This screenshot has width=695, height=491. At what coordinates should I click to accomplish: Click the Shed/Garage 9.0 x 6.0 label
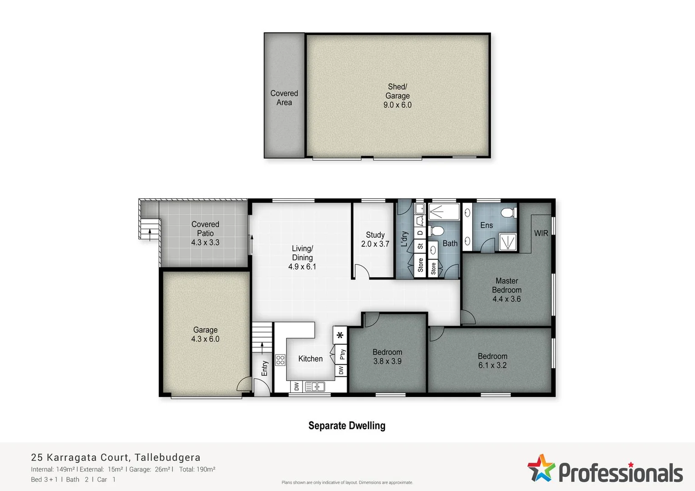(x=397, y=96)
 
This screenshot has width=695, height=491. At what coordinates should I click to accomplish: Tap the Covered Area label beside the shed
(x=284, y=98)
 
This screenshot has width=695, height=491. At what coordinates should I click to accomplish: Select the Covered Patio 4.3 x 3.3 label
(x=205, y=233)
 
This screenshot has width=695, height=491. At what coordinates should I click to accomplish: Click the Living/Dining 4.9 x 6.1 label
(x=302, y=257)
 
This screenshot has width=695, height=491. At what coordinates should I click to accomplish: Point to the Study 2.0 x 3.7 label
(x=375, y=239)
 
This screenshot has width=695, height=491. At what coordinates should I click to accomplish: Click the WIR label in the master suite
(x=541, y=233)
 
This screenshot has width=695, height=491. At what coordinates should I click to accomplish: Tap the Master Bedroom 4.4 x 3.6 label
(x=506, y=290)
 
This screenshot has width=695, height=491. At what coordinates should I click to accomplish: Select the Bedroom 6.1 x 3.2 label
(x=492, y=361)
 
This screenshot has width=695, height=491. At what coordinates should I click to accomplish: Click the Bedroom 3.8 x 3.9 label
(x=387, y=356)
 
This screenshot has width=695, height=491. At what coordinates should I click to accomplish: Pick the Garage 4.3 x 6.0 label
(x=205, y=334)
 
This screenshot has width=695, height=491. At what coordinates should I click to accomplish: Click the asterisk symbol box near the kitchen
(x=340, y=336)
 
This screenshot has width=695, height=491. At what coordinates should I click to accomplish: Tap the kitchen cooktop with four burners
(x=280, y=360)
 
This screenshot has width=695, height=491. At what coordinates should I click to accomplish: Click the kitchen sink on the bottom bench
(x=315, y=387)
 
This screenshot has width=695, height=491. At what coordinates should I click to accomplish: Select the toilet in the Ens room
(x=509, y=212)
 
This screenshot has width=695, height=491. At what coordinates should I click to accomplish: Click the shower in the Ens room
(x=508, y=242)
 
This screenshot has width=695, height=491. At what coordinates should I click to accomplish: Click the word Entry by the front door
(x=265, y=368)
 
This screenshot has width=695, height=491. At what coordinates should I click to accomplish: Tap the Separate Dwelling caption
(x=347, y=426)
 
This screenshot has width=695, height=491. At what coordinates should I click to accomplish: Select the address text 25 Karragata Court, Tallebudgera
(x=116, y=457)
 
